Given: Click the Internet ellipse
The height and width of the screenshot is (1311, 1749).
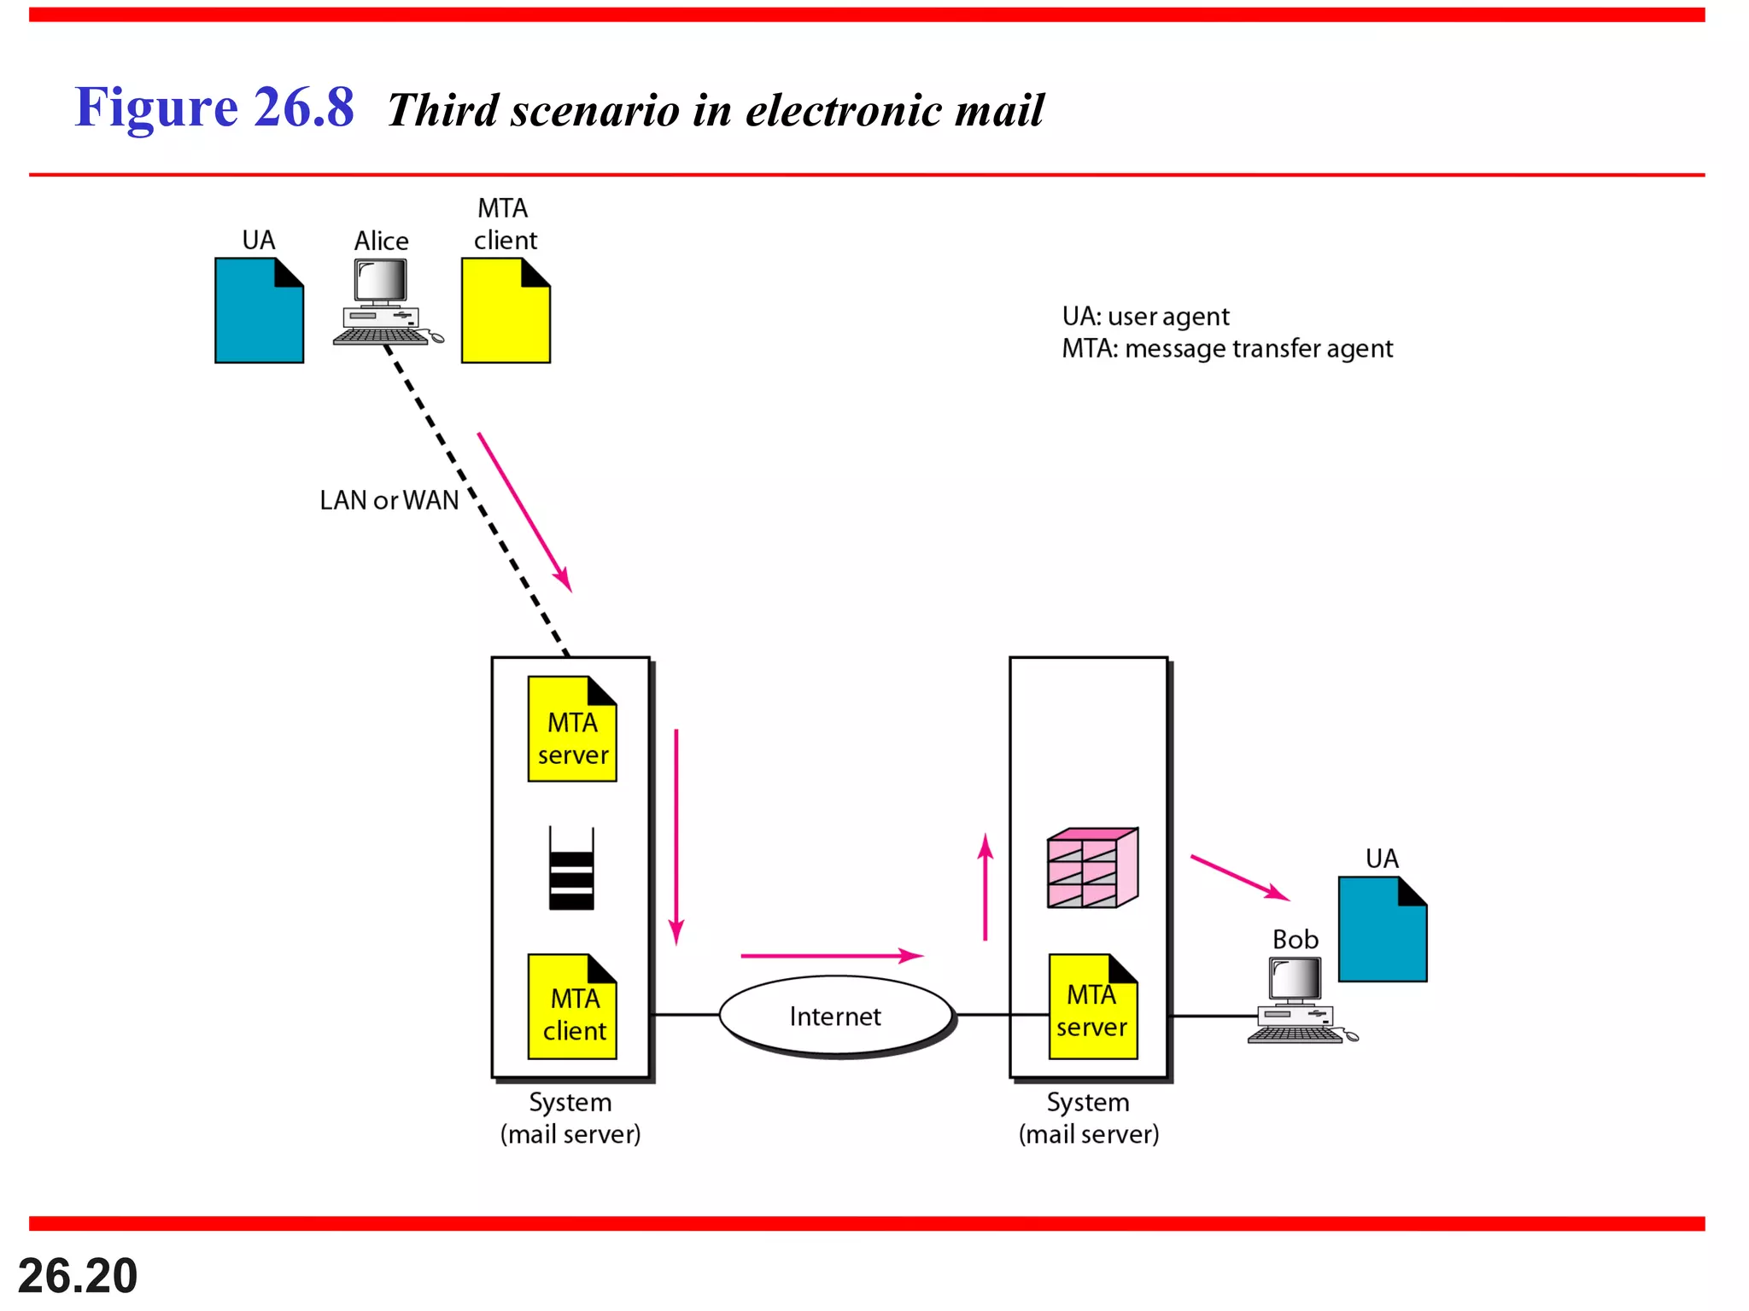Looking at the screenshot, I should click(x=835, y=1016).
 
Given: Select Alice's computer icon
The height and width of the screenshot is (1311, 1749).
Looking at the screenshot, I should click(x=383, y=303).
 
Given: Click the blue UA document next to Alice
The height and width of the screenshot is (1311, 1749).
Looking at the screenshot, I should click(x=259, y=312).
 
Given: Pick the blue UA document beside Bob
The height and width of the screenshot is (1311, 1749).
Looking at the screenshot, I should click(x=1382, y=930).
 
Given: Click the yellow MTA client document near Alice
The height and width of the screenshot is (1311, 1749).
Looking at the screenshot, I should click(x=506, y=312).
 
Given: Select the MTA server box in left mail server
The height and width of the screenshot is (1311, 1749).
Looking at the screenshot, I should click(x=572, y=731).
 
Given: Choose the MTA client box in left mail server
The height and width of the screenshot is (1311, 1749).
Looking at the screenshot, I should click(x=572, y=1007).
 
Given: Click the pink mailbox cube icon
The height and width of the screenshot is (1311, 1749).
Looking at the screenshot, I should click(x=1092, y=868).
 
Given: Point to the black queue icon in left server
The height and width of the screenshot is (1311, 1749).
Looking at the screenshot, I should click(x=571, y=869).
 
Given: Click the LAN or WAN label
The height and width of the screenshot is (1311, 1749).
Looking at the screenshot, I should click(x=389, y=500).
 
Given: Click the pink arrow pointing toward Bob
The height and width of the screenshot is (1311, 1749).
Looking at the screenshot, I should click(x=1239, y=877).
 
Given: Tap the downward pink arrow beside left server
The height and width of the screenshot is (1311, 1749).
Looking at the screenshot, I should click(x=676, y=836).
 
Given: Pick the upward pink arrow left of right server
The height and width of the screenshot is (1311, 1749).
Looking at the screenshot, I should click(x=986, y=888).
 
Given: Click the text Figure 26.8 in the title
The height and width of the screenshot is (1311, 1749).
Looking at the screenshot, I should click(x=214, y=108).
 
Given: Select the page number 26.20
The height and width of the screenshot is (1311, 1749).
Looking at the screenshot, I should click(x=78, y=1275).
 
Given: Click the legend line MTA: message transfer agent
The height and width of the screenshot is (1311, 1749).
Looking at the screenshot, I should click(x=1226, y=349).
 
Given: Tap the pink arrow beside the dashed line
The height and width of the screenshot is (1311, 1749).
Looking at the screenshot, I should click(x=524, y=512).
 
